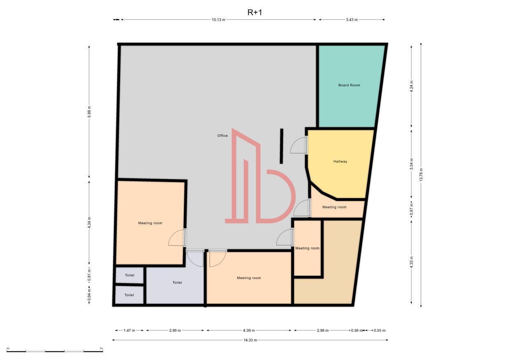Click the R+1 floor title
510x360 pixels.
tap(254, 12)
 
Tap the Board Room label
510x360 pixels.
tap(349, 85)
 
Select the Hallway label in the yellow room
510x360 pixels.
tap(340, 162)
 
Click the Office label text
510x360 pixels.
tap(223, 136)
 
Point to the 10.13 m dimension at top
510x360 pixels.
tap(218, 20)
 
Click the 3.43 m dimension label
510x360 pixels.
tap(352, 20)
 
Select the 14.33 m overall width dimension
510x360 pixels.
tap(250, 340)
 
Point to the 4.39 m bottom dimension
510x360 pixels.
tap(248, 330)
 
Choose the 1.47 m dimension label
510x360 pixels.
tap(129, 330)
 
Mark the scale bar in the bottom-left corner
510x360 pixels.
tap(55, 351)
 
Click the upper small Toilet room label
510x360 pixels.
tap(129, 275)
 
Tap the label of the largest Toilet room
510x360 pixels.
tap(177, 282)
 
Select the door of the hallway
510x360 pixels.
tap(299, 145)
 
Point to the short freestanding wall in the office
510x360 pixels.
tap(281, 146)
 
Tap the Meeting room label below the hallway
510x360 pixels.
tap(334, 207)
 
